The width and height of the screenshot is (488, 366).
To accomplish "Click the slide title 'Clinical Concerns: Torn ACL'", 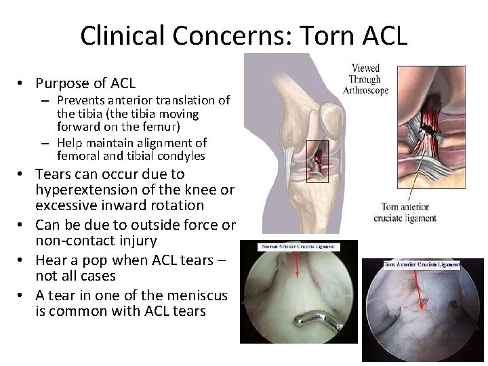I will click(244, 35).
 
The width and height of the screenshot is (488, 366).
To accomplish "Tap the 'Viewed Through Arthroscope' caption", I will click(365, 79).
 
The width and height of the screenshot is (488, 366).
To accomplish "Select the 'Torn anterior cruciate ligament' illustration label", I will click(405, 212).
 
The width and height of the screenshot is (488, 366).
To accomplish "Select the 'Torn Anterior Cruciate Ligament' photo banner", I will click(422, 264).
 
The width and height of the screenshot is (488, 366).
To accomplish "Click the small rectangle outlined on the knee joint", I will click(317, 161).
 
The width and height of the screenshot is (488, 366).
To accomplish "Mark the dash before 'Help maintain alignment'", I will click(44, 143).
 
